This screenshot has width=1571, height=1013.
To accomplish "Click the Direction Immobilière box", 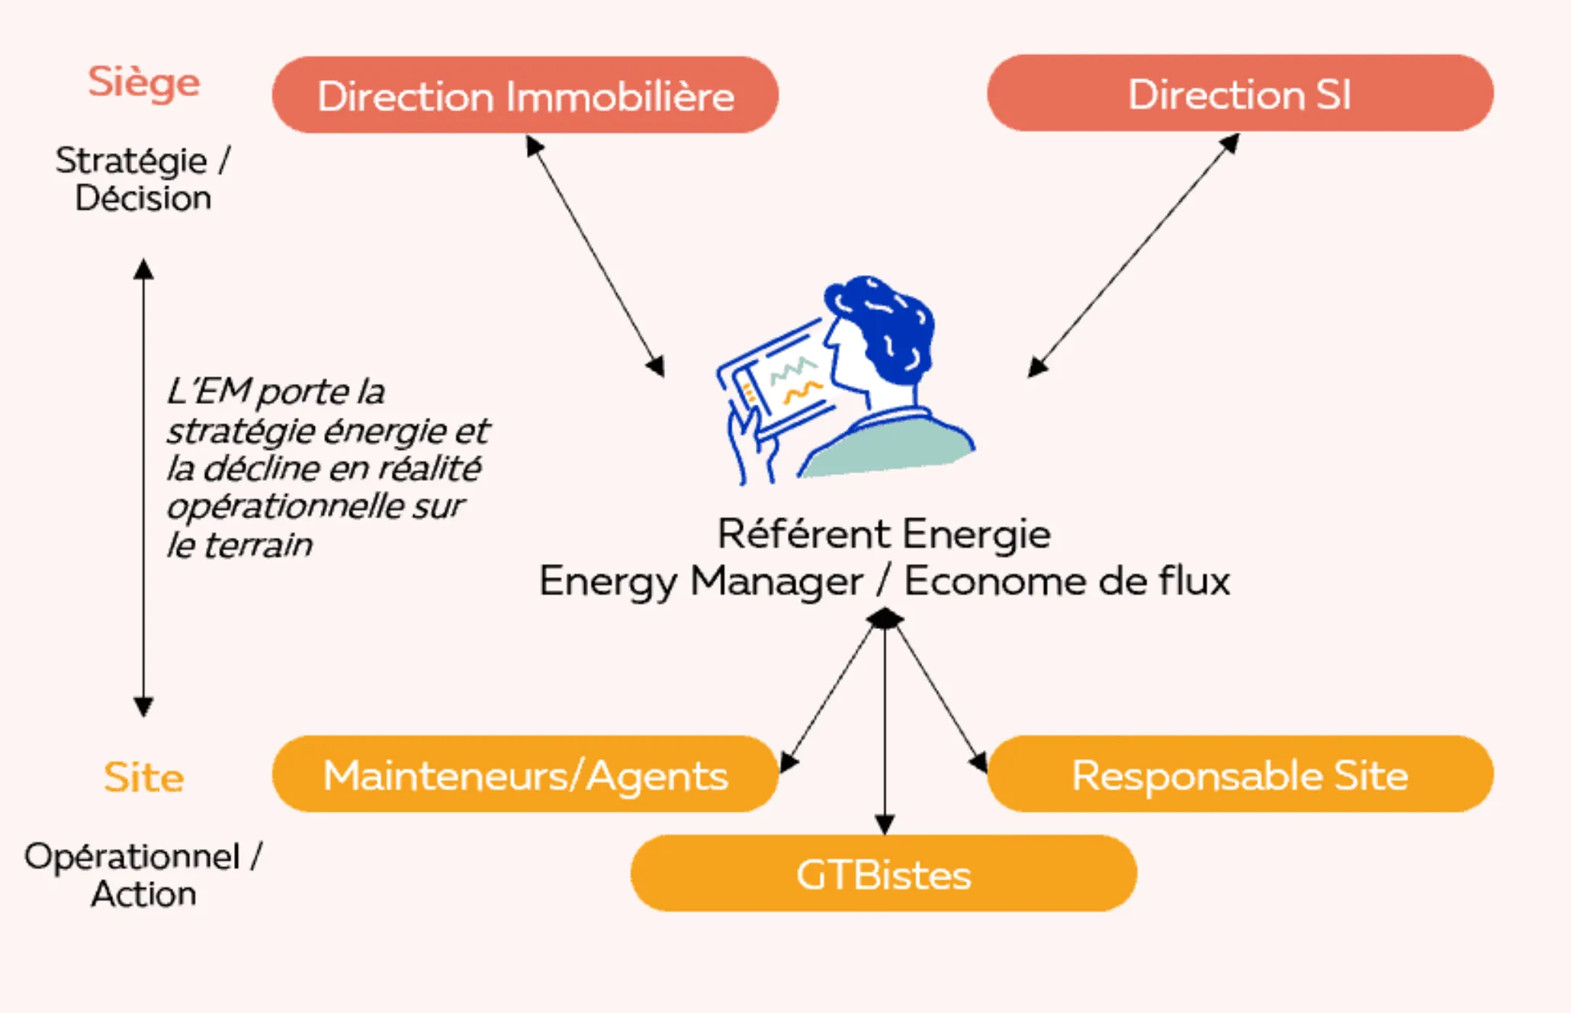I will pyautogui.click(x=525, y=95).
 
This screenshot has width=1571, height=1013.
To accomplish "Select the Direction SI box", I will pyautogui.click(x=1239, y=94).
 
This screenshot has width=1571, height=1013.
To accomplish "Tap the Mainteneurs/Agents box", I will pyautogui.click(x=525, y=774).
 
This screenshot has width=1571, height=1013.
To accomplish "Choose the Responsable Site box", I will pyautogui.click(x=1239, y=774).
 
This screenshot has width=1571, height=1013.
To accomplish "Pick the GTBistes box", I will pyautogui.click(x=883, y=874).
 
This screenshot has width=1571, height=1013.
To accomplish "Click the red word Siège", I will pyautogui.click(x=143, y=82).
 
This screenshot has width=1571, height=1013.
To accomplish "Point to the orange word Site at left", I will pyautogui.click(x=143, y=777).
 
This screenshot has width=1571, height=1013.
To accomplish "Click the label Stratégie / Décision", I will pyautogui.click(x=143, y=179).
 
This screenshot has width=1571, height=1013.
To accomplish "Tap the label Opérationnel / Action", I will pyautogui.click(x=143, y=875).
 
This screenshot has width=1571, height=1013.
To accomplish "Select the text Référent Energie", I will pyautogui.click(x=883, y=534).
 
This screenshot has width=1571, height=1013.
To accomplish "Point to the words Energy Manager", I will pyautogui.click(x=700, y=582).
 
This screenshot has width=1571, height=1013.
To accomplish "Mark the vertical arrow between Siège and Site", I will pyautogui.click(x=143, y=488).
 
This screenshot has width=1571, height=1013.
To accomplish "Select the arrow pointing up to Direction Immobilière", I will pyautogui.click(x=595, y=255).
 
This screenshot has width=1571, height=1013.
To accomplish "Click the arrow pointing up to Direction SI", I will pyautogui.click(x=1134, y=255).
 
